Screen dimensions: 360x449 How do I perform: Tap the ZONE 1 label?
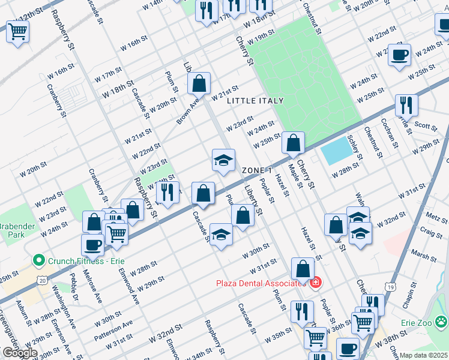(x=261, y=170)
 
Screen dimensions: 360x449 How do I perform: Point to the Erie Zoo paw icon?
(x=442, y=322)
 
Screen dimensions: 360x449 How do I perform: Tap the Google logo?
(x=19, y=353)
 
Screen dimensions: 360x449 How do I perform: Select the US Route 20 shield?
(x=41, y=280)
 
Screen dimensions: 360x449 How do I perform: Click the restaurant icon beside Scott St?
(x=406, y=105)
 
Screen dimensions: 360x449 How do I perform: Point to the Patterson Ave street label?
(x=119, y=328)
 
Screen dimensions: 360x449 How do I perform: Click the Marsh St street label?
(x=424, y=256)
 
